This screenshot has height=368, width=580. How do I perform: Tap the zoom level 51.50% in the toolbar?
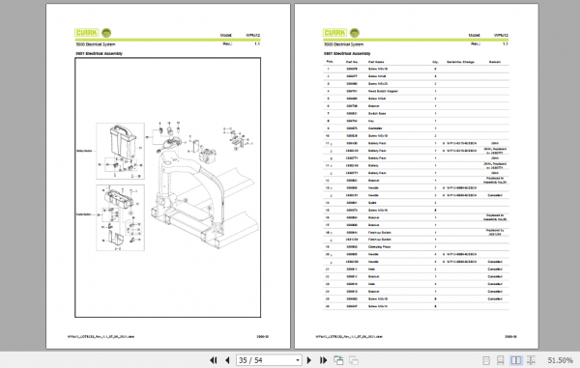point(560,359)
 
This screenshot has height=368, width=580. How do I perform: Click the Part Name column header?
point(378,62)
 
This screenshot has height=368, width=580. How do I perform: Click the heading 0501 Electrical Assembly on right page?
point(346,54)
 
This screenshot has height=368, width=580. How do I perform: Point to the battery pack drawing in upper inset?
point(122,139)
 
